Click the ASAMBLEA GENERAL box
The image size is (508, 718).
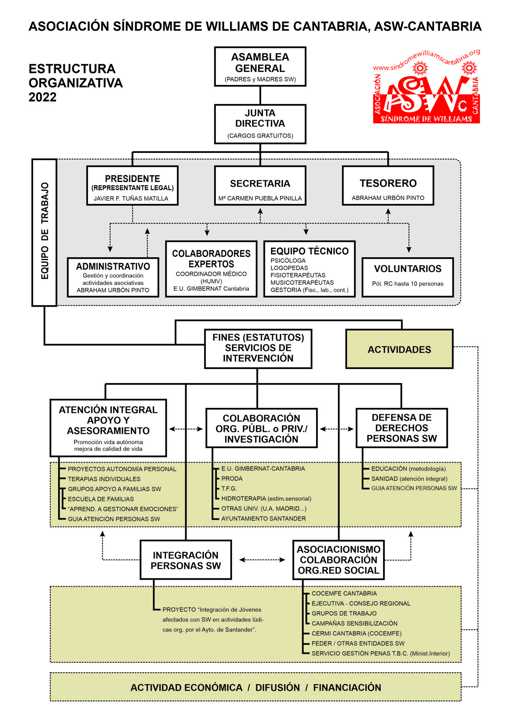(260, 66)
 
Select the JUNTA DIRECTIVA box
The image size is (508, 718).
(260, 124)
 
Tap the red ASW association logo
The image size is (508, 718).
(426, 87)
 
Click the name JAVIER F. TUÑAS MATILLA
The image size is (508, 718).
(131, 198)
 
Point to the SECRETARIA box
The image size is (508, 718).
(260, 185)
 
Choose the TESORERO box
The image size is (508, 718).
(388, 185)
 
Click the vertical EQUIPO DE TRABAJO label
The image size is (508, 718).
(45, 232)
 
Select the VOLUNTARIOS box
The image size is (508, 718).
(408, 277)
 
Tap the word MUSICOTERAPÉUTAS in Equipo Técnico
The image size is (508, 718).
(302, 283)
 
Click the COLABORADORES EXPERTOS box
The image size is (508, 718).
(211, 269)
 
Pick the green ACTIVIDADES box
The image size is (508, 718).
(400, 349)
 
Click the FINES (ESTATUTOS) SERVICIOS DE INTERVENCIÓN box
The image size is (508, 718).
(258, 349)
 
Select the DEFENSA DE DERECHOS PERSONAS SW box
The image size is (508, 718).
(402, 428)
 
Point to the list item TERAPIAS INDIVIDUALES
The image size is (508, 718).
(104, 479)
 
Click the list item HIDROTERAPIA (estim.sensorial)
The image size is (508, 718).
(266, 499)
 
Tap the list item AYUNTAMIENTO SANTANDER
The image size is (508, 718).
(264, 519)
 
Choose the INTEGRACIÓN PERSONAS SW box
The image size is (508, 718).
(186, 560)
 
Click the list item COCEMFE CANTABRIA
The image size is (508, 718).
(344, 594)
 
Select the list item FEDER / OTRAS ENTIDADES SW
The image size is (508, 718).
(358, 644)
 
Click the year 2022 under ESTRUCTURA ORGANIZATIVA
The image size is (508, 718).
(43, 97)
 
